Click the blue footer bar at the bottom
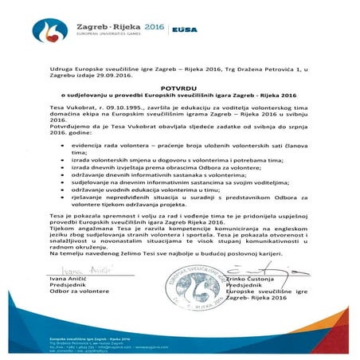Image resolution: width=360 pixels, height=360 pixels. coord(180,342)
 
